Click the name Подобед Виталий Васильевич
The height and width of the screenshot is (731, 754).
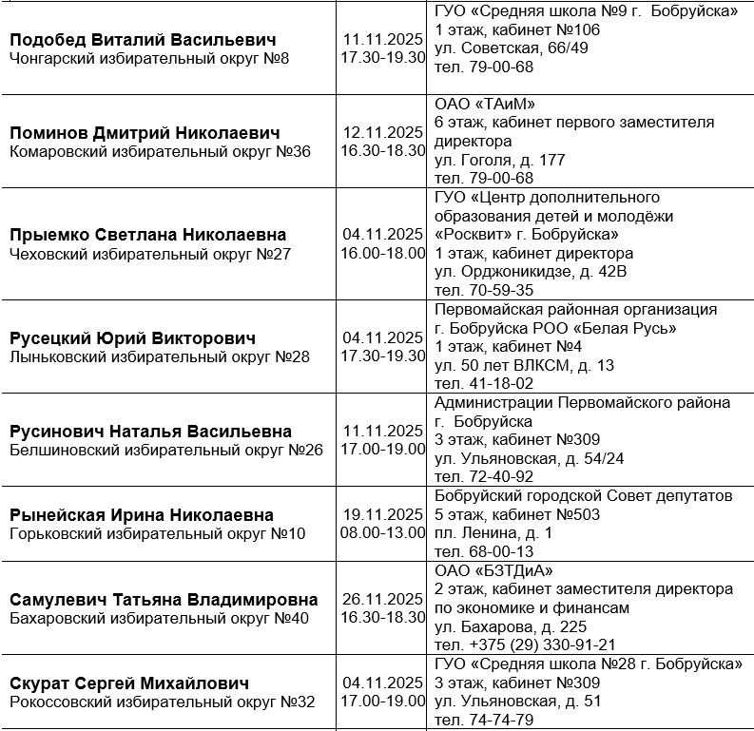point(143,40)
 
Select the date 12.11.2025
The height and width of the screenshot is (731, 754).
point(383,132)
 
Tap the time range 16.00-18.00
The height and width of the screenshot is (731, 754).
point(383,253)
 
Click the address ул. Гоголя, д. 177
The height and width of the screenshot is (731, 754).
point(499,160)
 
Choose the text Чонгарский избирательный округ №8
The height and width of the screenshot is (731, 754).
point(149,59)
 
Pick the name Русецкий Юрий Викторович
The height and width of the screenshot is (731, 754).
point(133,338)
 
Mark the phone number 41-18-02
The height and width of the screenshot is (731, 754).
point(483,383)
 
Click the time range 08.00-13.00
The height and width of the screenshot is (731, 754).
point(383,532)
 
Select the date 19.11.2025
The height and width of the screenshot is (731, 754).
point(383,514)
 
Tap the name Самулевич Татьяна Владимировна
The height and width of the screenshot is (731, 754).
point(164,600)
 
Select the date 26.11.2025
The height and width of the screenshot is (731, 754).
point(383,599)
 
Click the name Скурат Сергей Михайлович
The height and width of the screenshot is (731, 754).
point(129,683)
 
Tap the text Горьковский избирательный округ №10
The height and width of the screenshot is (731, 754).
point(158,533)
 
